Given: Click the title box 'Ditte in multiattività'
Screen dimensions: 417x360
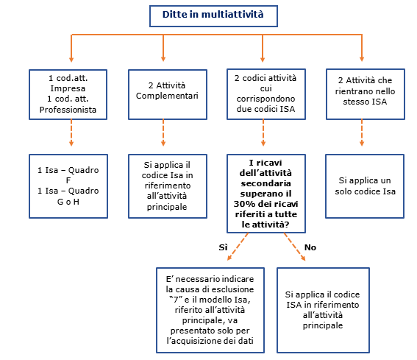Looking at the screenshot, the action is coord(213,16).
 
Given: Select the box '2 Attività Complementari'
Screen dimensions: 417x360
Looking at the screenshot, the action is coord(168,94).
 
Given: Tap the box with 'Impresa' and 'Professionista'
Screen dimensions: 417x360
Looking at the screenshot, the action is coord(68,94).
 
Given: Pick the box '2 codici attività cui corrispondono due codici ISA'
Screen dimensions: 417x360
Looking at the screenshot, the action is coord(266,94).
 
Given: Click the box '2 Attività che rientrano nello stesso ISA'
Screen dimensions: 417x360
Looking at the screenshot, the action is coord(366,94).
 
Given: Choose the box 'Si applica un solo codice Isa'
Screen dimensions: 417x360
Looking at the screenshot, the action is coord(365,186).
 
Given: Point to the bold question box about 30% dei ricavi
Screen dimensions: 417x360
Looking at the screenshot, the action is coord(266,194).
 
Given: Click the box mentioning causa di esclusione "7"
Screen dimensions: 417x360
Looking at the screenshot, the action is coord(210,310).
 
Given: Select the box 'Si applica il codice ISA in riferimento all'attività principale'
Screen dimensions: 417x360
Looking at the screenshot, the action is coord(323,310).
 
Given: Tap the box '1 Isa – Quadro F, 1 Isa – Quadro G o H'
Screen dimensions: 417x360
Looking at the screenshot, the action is coord(68,186).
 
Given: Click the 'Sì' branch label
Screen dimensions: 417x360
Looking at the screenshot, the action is coord(223,247).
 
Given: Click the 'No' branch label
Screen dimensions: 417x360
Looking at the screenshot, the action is coord(310,247).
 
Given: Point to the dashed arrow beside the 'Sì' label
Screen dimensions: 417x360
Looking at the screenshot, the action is coord(238,247).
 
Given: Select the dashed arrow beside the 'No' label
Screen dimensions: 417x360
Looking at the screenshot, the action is coord(295,247).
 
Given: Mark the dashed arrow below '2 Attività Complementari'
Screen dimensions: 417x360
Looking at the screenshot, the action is coord(163,133).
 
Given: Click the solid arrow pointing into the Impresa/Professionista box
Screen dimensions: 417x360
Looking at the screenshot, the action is coord(71,48).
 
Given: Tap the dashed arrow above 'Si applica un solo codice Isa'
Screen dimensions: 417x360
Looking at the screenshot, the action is coord(362,133).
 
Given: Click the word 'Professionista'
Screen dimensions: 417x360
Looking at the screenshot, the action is coord(68,110).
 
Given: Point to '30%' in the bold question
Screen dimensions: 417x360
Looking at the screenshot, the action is coord(242,204).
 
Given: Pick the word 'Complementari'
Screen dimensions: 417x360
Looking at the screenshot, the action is coord(167,96).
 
